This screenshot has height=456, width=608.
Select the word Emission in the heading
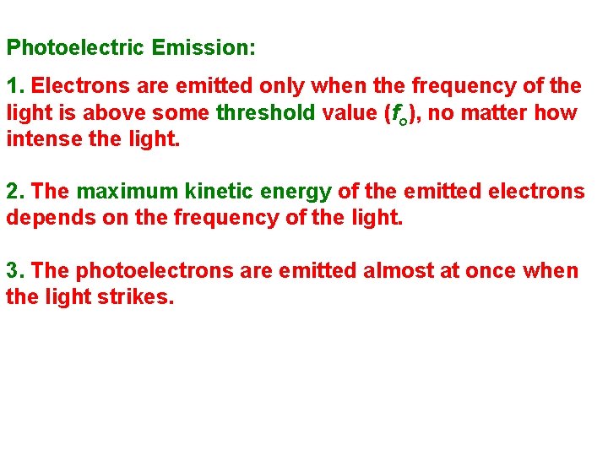(204, 47)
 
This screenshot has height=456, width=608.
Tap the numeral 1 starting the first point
(13, 86)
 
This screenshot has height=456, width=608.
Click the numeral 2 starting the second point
(13, 191)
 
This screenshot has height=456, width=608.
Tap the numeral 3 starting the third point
(13, 270)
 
